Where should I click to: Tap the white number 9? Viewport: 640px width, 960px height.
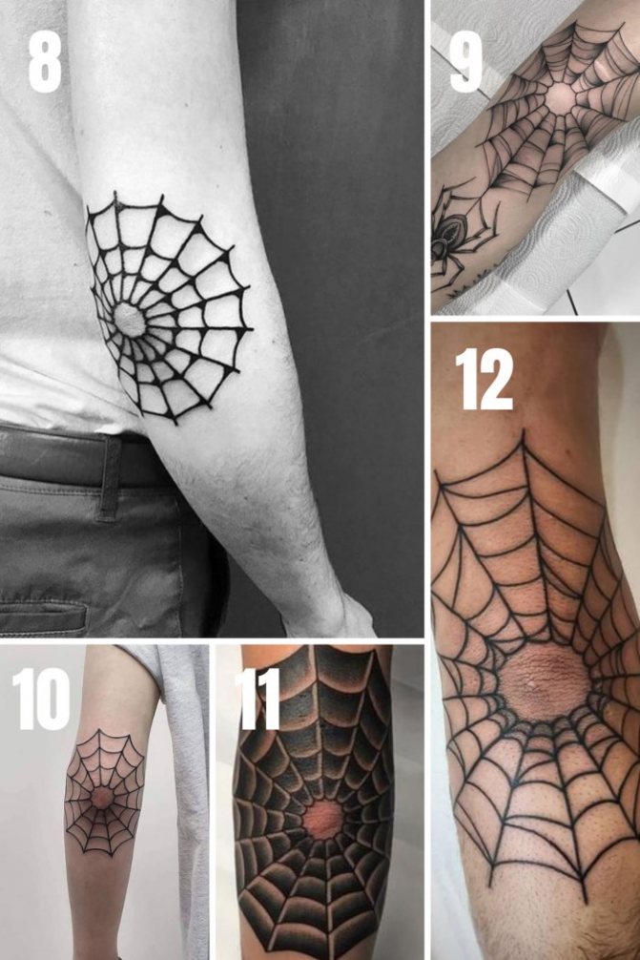pyautogui.click(x=466, y=59)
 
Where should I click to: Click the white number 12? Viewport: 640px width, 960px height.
pyautogui.click(x=484, y=379)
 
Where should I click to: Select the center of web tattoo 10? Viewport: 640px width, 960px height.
pyautogui.click(x=102, y=794)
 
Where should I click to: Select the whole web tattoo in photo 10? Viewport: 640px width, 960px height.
pyautogui.click(x=104, y=792)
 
